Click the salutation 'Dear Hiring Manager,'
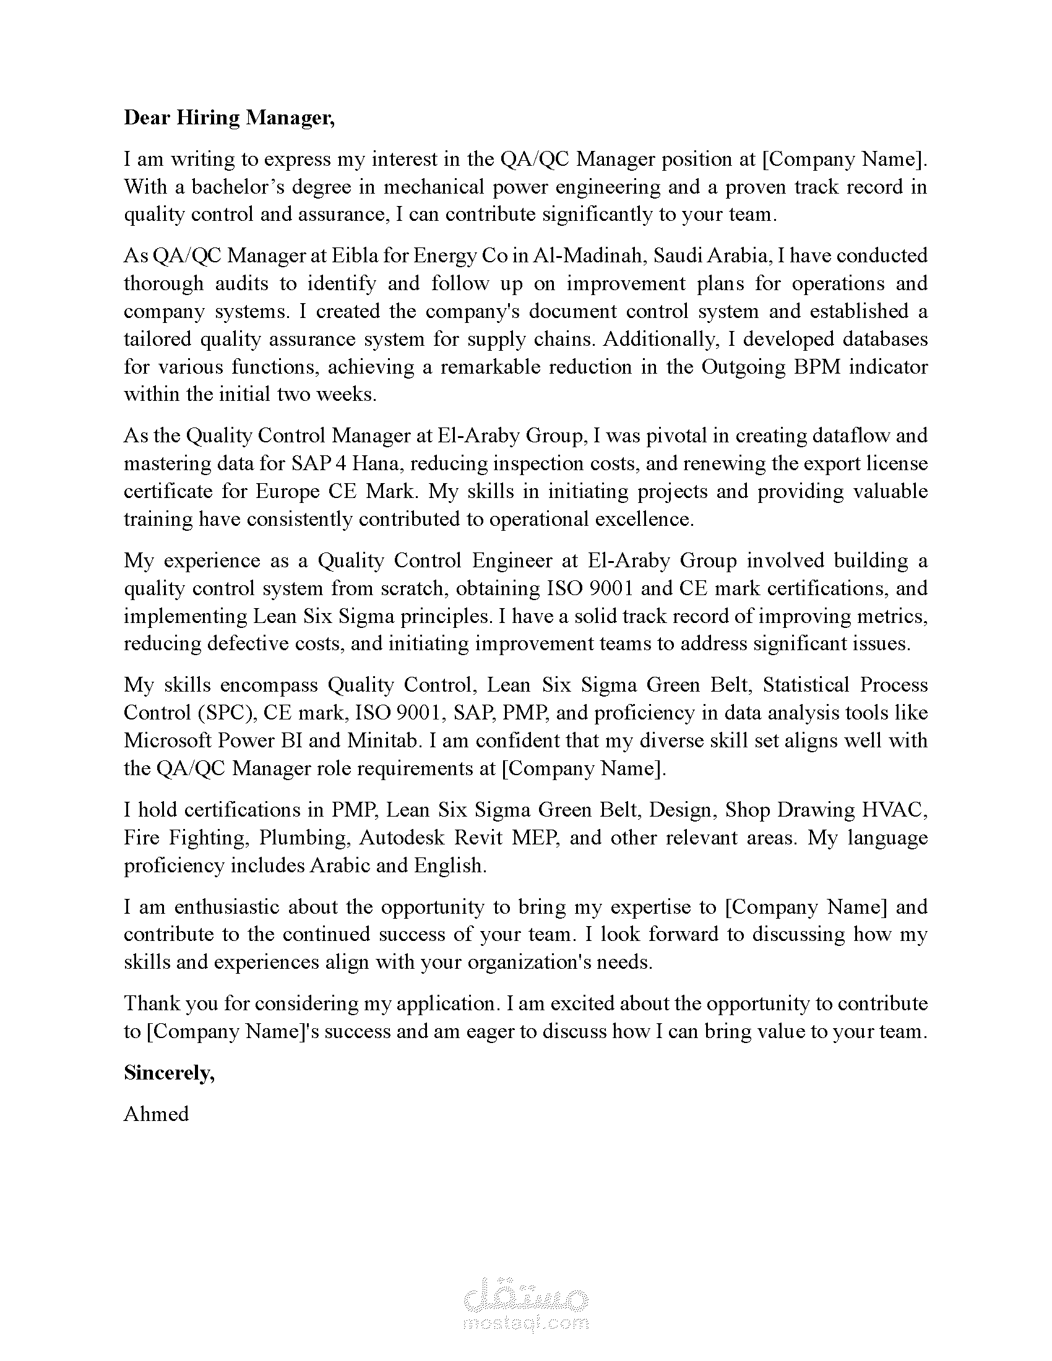[x=229, y=118]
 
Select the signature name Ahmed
[x=156, y=1114]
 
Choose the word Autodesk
[x=402, y=837]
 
